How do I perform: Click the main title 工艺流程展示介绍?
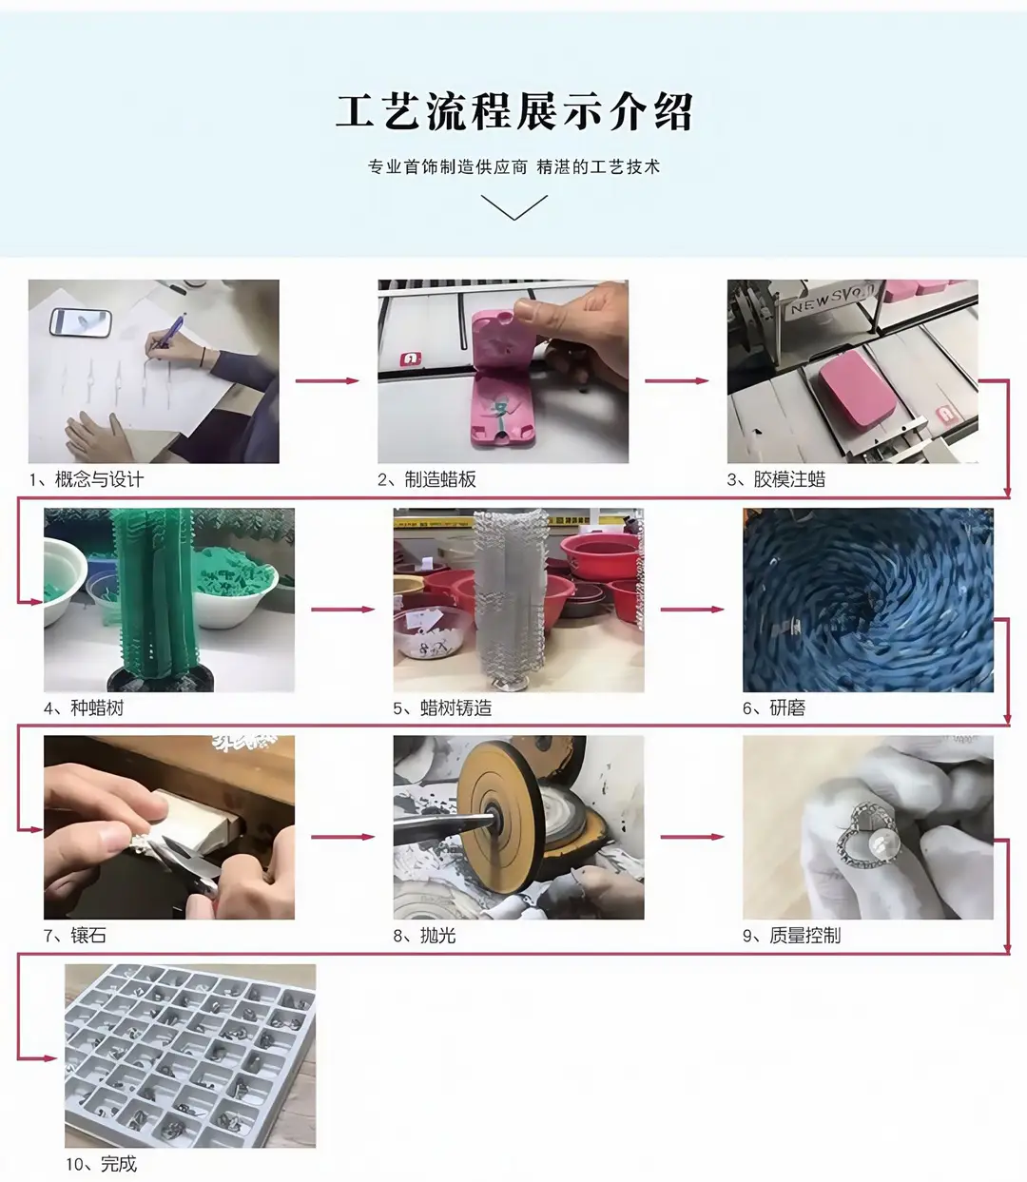(513, 111)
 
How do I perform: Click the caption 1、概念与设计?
(87, 479)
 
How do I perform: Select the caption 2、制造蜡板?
(427, 479)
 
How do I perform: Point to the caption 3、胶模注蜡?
(776, 479)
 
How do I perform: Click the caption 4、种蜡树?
(85, 707)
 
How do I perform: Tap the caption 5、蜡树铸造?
(442, 707)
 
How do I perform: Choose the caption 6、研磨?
(774, 707)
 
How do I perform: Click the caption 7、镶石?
(75, 936)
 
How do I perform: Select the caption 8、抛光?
(424, 936)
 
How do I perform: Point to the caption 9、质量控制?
(792, 936)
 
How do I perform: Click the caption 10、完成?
(101, 1164)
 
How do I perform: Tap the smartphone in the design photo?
(80, 321)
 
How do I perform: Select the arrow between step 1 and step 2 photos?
(327, 380)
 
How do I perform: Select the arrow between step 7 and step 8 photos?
(343, 837)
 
